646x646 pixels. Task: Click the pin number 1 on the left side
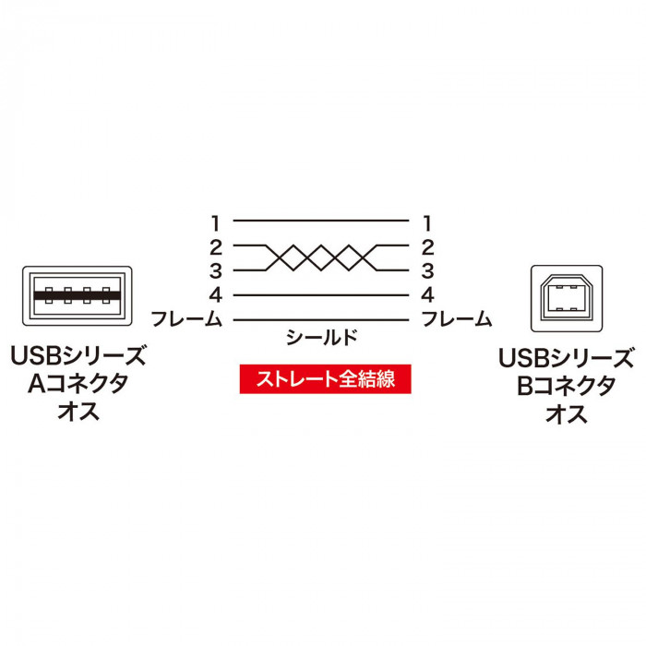215,223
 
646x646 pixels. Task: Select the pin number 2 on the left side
216,247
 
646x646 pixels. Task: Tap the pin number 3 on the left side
216,271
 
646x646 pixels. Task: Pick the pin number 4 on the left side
216,295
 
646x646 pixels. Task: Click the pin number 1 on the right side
427,223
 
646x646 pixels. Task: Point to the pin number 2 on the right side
427,247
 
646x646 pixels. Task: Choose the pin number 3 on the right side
427,271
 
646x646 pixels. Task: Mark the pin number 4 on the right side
427,295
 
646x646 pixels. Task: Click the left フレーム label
186,319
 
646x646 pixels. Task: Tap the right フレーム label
457,319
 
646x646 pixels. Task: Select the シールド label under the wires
322,338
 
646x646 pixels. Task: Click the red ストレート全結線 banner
326,379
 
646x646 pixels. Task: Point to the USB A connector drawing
78,296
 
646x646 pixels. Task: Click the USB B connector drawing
567,298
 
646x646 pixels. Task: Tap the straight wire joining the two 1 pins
321,221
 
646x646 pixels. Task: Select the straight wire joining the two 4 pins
321,295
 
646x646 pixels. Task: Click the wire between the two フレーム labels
321,319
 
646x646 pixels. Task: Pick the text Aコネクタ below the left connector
78,384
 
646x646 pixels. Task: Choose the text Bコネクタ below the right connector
567,386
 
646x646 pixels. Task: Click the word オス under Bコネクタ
567,413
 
